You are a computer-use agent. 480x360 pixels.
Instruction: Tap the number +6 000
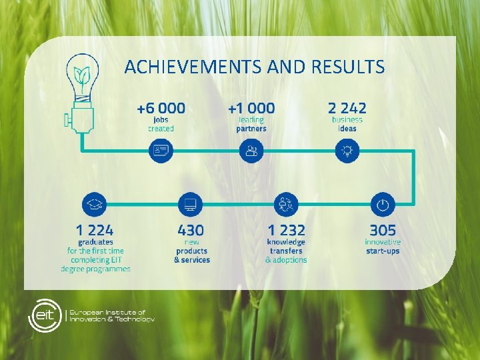[161, 107]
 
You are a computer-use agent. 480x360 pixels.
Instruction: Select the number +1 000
[251, 107]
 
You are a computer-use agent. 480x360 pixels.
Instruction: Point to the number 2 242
[347, 107]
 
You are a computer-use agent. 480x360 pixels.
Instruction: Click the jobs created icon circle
[161, 151]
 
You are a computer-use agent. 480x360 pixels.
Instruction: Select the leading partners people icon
[251, 151]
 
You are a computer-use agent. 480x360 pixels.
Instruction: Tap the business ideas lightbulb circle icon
[347, 151]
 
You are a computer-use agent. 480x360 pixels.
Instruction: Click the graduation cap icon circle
[93, 205]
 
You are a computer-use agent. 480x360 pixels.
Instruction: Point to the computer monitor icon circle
[191, 205]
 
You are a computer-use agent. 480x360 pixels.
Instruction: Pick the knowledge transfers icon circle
[286, 205]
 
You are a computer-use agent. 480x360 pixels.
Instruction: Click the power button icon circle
[382, 205]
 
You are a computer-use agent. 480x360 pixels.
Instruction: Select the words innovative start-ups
[383, 246]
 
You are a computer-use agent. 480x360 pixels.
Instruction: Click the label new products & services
[191, 251]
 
